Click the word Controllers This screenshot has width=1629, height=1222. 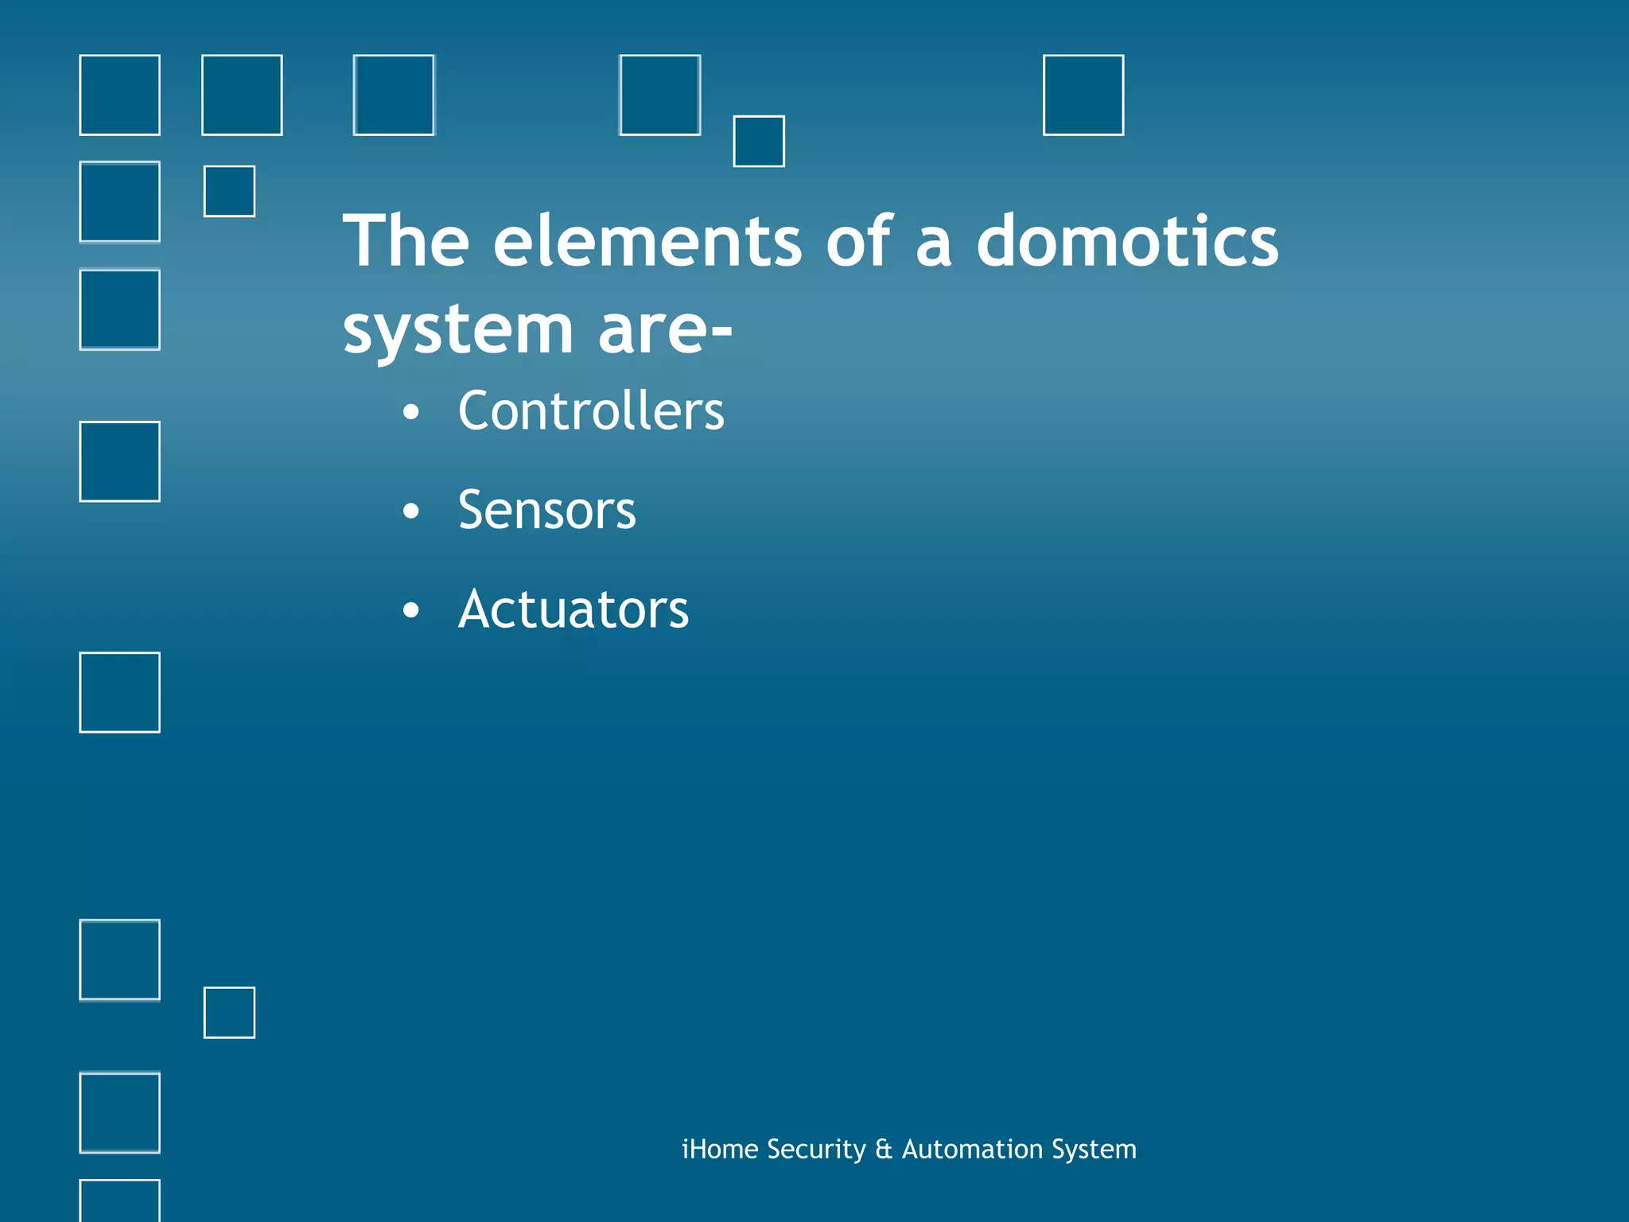(x=591, y=411)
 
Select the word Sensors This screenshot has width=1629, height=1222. (x=546, y=510)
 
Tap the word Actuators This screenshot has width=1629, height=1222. (x=573, y=609)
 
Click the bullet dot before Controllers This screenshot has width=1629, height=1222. (x=410, y=412)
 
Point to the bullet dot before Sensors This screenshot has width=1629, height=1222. (x=410, y=512)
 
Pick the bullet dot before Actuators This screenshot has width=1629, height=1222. (x=410, y=611)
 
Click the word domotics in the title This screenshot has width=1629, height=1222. (x=1126, y=241)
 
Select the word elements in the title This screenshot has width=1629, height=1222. (x=647, y=241)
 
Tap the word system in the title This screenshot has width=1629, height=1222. (x=457, y=331)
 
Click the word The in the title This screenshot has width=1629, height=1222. (x=406, y=241)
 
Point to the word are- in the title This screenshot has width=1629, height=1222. (x=664, y=331)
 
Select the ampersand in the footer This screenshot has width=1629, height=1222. (x=883, y=1149)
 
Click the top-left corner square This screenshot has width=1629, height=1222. (x=119, y=95)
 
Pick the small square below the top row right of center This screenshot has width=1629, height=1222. (x=758, y=141)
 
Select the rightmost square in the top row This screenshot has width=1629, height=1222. (x=1083, y=95)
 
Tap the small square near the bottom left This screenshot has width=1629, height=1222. (x=229, y=1012)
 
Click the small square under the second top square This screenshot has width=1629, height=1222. (x=229, y=191)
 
